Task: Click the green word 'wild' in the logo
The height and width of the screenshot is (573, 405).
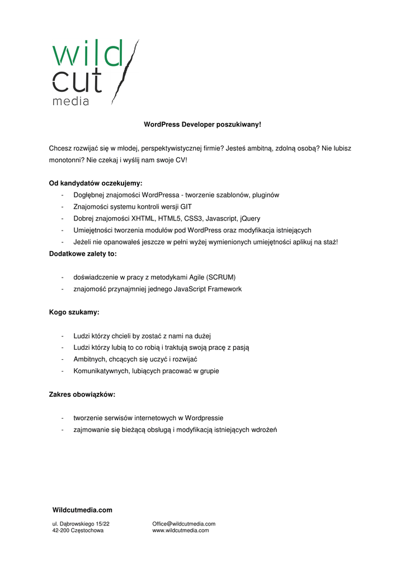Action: coord(87,54)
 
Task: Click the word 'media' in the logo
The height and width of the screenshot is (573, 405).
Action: coord(70,101)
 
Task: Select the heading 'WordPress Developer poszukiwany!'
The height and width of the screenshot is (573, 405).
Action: coord(202,124)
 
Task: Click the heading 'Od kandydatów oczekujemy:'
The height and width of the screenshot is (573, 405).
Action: coord(96,183)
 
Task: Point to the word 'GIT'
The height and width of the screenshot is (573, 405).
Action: coord(186,206)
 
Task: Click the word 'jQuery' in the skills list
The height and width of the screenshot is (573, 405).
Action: coord(249,218)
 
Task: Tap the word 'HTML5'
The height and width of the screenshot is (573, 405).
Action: coord(169,218)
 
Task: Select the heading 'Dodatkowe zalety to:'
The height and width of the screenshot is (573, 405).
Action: coord(83,253)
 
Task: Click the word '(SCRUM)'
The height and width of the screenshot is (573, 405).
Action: coord(221,277)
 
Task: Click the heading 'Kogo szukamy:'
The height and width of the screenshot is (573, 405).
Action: coord(74,312)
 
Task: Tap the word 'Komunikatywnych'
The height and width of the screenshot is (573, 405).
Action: coord(101,370)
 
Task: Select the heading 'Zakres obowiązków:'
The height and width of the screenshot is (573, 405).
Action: coord(82,394)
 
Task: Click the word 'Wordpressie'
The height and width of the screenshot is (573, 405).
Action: coord(204,418)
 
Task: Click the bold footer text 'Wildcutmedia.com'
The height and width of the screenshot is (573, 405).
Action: coord(82,510)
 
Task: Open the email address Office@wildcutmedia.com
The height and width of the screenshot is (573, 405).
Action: coord(183,524)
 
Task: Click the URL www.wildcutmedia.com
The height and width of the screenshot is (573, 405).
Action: coord(180,530)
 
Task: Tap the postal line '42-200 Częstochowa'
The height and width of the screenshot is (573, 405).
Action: coord(78,530)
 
